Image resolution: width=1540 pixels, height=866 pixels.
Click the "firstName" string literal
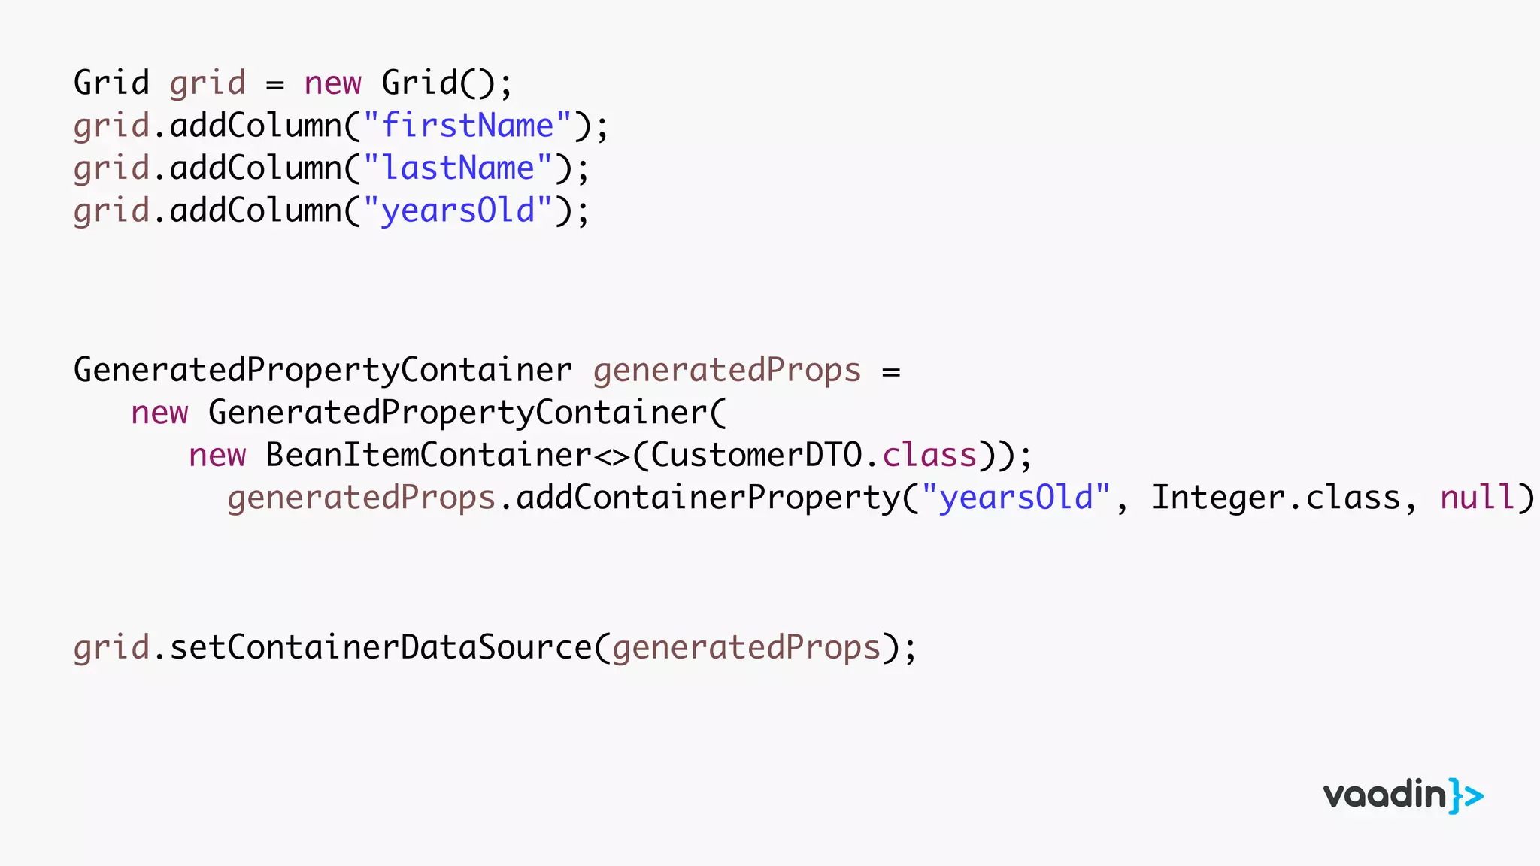[468, 126]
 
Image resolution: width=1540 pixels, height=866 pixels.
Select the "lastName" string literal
[458, 168]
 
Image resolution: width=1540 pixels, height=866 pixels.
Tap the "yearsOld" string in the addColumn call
[458, 210]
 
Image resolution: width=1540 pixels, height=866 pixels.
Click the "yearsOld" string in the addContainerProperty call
[1017, 498]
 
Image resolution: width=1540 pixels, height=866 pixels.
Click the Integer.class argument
[1276, 498]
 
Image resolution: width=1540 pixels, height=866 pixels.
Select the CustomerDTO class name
[756, 456]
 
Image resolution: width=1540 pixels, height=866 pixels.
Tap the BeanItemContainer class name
[429, 456]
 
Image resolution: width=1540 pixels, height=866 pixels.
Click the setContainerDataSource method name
[380, 648]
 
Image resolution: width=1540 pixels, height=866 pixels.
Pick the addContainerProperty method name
[708, 498]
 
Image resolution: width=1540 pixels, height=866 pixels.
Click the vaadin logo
[1403, 795]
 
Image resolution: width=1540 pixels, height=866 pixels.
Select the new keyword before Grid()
[332, 83]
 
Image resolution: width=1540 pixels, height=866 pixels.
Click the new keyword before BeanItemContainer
[217, 456]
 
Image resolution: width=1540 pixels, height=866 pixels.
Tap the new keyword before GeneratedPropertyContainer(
[159, 413]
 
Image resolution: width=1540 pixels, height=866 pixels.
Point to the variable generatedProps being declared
[726, 371]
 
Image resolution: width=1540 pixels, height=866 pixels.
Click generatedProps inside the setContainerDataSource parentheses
[746, 648]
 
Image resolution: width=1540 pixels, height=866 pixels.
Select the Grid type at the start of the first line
[111, 83]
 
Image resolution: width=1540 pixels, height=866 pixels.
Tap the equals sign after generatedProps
[891, 372]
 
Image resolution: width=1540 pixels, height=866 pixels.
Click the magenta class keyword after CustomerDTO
[929, 456]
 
